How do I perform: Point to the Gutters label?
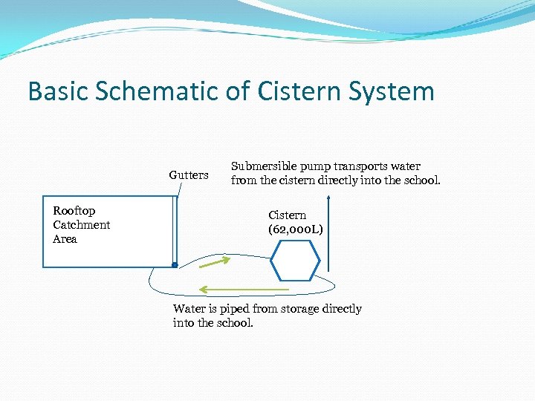[x=189, y=175]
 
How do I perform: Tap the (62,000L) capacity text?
[x=296, y=229]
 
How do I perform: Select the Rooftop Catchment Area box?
[x=108, y=231]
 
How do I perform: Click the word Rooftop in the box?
[x=74, y=211]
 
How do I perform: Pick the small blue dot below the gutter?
[x=174, y=264]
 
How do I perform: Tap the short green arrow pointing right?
[x=214, y=261]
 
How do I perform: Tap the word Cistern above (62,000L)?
[x=287, y=215]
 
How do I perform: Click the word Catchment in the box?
[x=82, y=225]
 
